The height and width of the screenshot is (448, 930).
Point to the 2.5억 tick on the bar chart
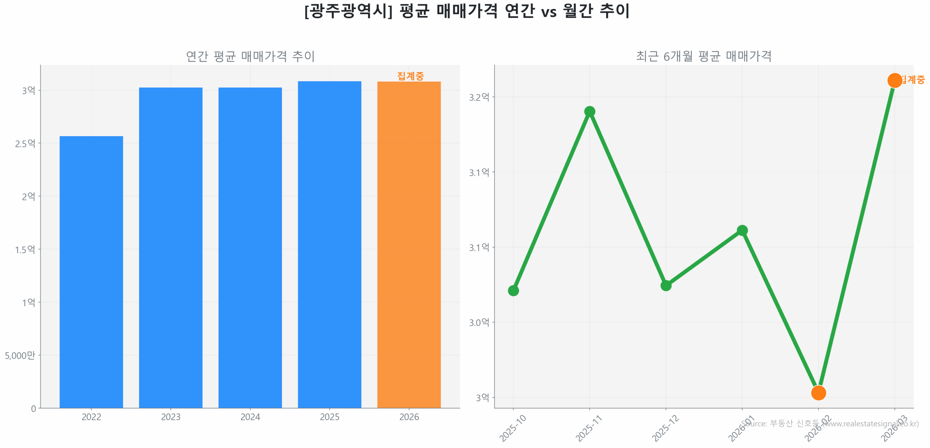(x=25, y=143)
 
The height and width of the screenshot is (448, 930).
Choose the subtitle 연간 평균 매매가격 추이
(x=250, y=56)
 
